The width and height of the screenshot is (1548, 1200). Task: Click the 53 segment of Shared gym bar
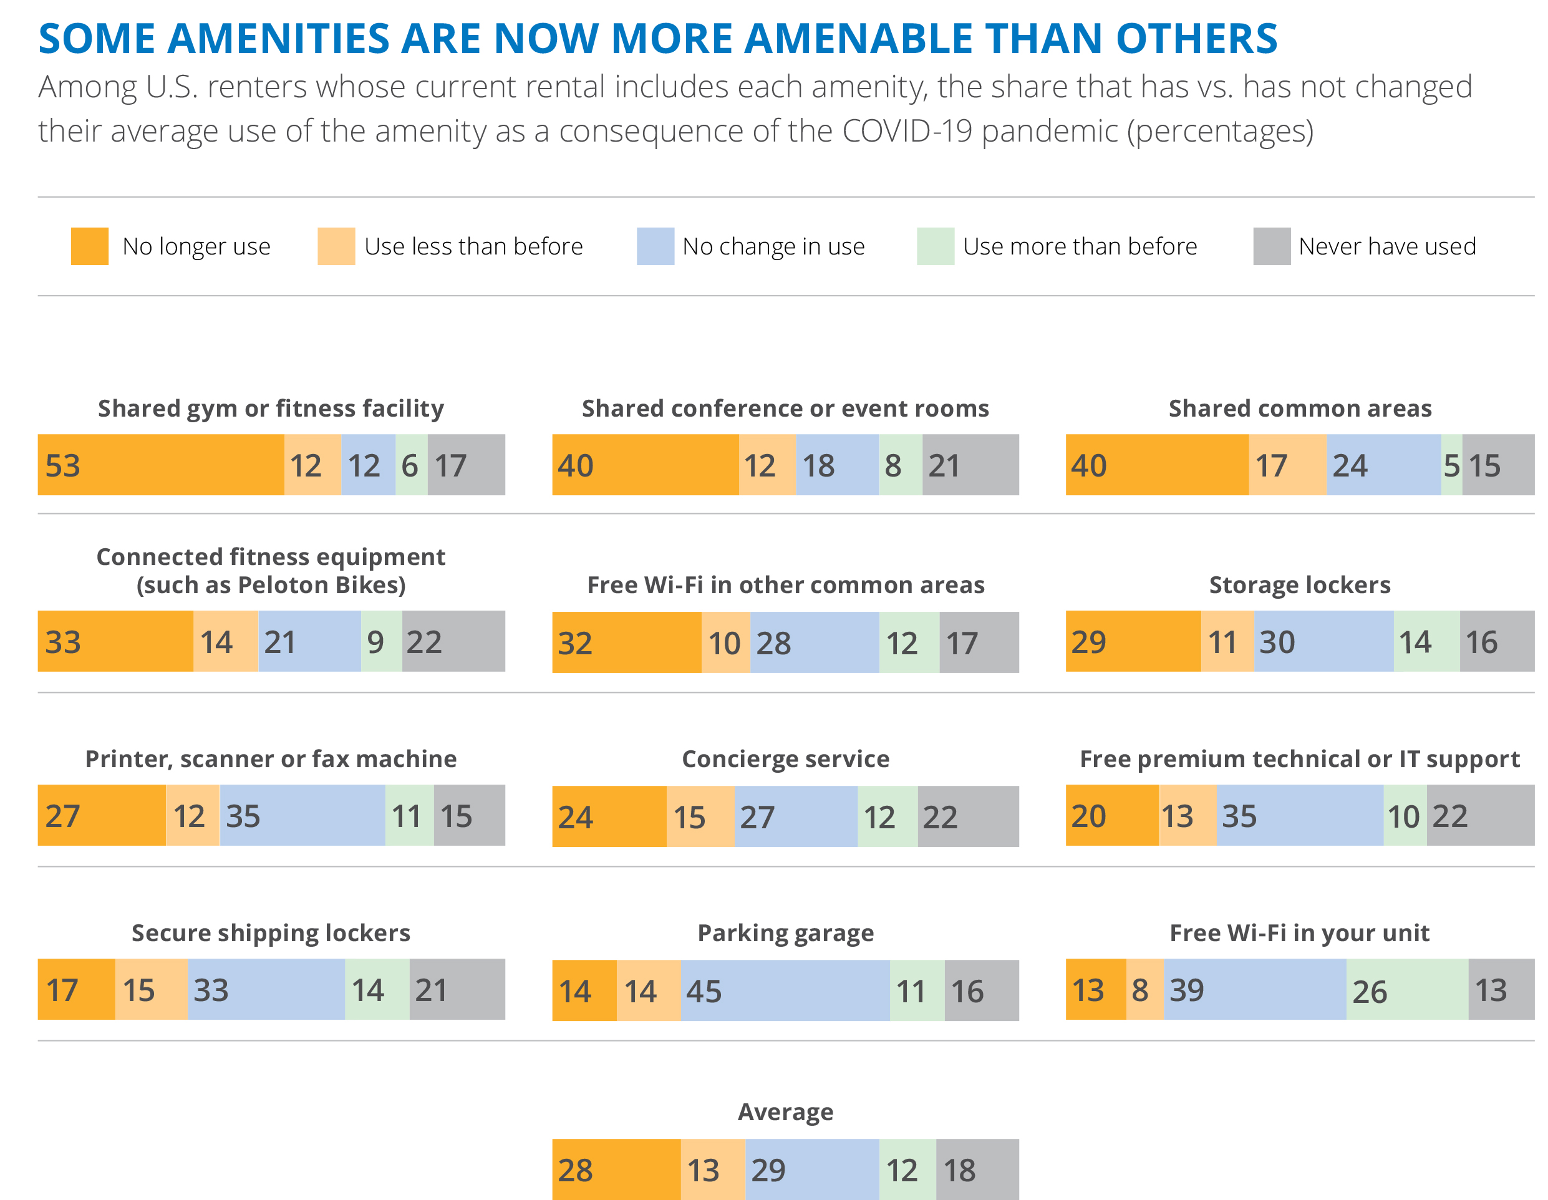point(160,465)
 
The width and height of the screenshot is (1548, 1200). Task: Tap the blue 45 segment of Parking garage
point(785,990)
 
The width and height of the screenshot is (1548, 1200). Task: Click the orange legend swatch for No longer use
point(89,246)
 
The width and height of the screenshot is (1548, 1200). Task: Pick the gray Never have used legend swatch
point(1271,246)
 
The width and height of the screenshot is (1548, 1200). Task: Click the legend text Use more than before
point(1080,246)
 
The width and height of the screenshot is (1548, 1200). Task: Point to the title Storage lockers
point(1299,585)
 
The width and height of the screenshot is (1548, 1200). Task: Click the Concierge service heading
point(785,758)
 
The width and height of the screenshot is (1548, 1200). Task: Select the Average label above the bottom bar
point(785,1111)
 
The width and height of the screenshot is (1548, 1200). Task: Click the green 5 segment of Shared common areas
point(1451,465)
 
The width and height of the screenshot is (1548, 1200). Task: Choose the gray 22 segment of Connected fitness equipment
point(453,641)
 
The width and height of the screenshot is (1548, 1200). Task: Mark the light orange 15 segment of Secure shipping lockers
point(151,989)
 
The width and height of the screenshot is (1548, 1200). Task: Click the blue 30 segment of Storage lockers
point(1323,641)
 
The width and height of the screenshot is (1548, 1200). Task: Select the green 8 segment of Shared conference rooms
point(900,465)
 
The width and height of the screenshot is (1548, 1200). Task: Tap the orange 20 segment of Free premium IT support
point(1111,815)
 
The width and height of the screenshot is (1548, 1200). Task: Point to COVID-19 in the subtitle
point(907,131)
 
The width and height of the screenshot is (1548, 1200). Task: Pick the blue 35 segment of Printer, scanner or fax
point(302,815)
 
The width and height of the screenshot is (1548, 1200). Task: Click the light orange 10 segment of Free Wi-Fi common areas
point(725,643)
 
